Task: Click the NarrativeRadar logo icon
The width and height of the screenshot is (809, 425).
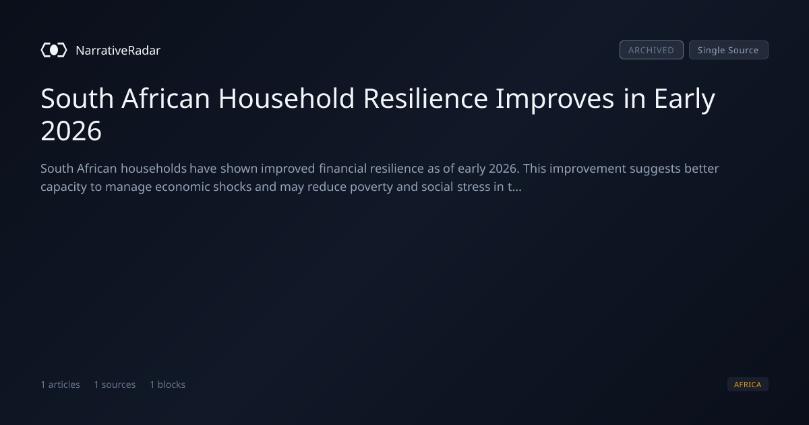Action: click(x=54, y=50)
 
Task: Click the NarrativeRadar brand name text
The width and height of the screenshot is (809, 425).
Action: click(x=118, y=50)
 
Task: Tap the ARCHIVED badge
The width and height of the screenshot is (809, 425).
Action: click(x=651, y=50)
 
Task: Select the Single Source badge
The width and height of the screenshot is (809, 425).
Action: click(x=729, y=50)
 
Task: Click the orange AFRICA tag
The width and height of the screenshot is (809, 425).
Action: click(x=748, y=384)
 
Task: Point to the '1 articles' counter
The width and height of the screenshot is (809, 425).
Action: click(x=60, y=385)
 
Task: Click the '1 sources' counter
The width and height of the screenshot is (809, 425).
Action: click(x=115, y=385)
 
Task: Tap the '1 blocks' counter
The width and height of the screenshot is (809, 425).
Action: click(x=168, y=385)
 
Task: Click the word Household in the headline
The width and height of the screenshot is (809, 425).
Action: click(x=287, y=98)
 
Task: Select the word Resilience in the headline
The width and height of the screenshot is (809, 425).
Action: click(x=425, y=98)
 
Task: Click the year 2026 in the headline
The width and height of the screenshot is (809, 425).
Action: click(x=71, y=130)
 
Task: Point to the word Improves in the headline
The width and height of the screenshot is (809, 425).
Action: click(x=555, y=99)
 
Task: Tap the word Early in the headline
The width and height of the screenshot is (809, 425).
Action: click(x=684, y=99)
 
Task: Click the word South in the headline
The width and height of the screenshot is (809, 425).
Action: click(x=78, y=98)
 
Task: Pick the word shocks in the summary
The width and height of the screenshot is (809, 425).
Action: click(x=232, y=186)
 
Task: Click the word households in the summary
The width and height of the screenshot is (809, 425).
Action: click(x=154, y=169)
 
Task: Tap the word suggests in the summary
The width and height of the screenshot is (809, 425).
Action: click(x=655, y=169)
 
